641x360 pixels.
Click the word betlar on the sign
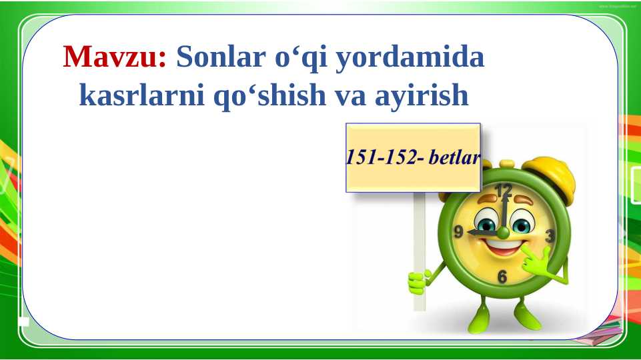456,159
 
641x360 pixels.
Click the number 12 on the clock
504,191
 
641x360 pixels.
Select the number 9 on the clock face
459,232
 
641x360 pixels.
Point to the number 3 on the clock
550,236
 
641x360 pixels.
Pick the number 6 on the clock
502,277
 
